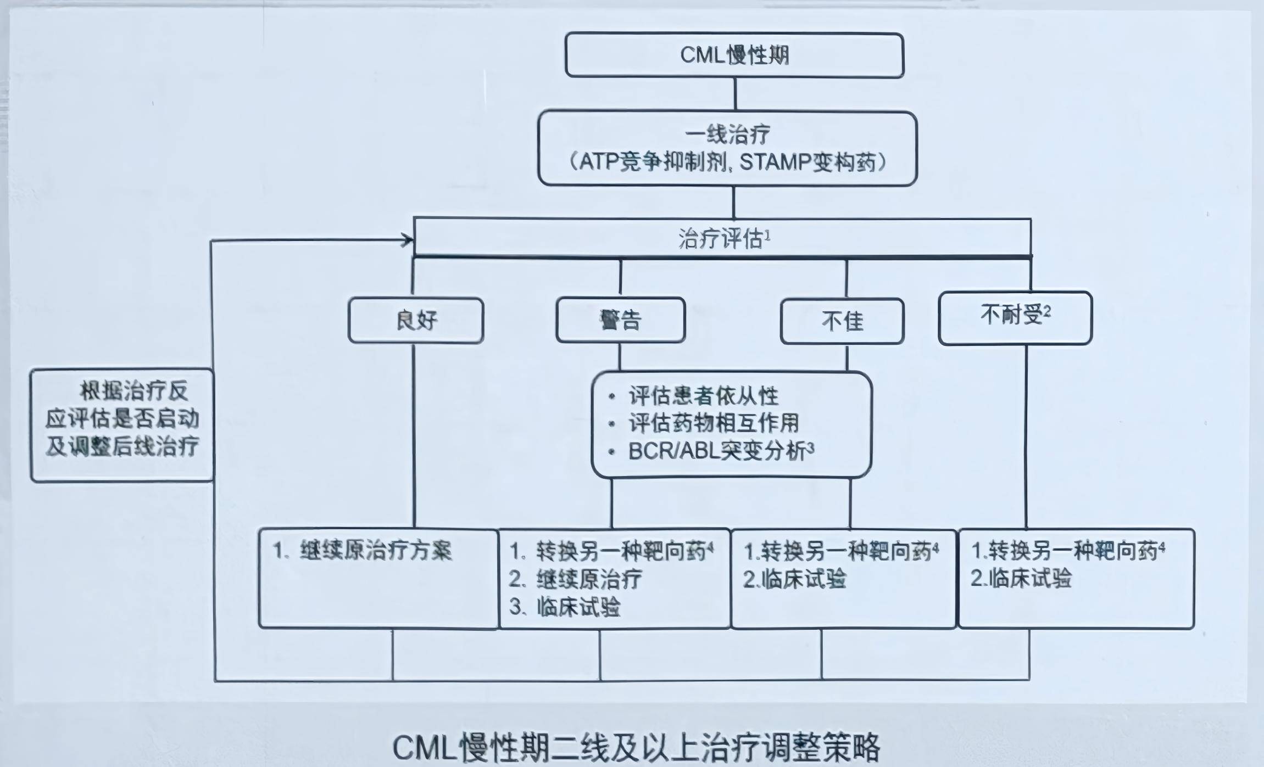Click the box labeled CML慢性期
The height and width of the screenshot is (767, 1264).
(734, 55)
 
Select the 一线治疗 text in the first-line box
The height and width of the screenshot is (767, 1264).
(727, 135)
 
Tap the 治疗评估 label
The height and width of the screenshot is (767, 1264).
(721, 239)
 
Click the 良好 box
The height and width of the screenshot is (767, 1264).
(416, 321)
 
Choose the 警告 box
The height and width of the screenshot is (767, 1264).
(620, 320)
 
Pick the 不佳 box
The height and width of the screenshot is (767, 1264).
(842, 321)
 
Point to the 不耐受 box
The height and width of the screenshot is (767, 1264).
(1015, 317)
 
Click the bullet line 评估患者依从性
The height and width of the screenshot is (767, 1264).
(703, 396)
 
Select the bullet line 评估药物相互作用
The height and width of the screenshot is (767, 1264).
(713, 423)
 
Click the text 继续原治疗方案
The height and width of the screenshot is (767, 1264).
(376, 551)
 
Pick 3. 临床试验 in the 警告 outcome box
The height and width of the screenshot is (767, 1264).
(566, 607)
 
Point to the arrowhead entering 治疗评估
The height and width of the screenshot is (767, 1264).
(408, 239)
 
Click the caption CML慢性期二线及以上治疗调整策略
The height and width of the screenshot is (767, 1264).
(636, 747)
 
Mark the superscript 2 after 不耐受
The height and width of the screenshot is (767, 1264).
(1047, 312)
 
